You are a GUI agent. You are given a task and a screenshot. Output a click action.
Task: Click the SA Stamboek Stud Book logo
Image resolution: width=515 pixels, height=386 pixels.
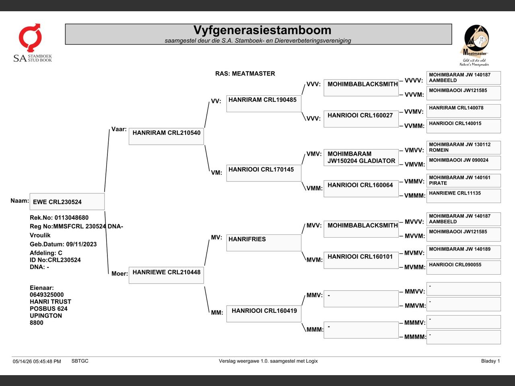coord(32,43)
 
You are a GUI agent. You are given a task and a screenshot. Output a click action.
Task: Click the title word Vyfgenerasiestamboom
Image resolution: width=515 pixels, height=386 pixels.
coord(262,30)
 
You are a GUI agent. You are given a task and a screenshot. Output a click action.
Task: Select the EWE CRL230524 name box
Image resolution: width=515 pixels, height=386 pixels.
coord(67,201)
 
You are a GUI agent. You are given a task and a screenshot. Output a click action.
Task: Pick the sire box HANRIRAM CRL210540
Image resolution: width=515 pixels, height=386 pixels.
coord(166,136)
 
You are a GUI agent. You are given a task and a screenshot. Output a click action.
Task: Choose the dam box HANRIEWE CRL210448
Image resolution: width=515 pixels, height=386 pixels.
coord(166,275)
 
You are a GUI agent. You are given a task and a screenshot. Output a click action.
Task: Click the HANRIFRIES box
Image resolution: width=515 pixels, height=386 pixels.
coord(264,242)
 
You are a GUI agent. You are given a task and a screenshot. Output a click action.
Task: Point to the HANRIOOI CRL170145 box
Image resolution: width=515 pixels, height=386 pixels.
coord(264,173)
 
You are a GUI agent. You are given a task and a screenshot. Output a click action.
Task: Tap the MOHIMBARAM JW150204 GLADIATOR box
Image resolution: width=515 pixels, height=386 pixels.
coord(361,158)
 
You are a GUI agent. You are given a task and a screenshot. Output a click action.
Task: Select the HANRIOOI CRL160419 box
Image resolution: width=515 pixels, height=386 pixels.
coord(264,314)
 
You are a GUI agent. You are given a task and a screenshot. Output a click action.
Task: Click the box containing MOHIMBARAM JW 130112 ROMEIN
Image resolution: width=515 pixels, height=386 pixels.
coord(463,148)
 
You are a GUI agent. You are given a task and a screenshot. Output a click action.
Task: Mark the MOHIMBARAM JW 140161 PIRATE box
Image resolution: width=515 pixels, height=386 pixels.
coord(463,181)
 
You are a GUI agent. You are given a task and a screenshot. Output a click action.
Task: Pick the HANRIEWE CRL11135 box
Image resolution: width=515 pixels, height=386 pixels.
coord(463,196)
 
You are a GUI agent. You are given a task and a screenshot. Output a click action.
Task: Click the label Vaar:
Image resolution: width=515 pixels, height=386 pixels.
coord(119,129)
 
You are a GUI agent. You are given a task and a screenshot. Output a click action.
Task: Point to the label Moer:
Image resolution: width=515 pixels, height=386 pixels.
coord(119,273)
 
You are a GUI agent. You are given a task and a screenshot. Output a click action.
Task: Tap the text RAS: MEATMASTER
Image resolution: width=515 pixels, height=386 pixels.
coord(245,74)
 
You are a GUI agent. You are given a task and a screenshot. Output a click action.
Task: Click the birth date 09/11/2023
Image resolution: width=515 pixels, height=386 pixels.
coord(81,244)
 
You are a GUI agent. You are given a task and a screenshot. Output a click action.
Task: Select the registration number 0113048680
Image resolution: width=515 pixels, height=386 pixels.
coord(72,218)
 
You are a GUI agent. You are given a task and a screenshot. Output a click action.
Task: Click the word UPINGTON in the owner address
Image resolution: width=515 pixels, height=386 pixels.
coord(46,316)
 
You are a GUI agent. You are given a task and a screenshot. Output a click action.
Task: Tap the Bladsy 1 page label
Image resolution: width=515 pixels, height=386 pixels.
coord(490,361)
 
